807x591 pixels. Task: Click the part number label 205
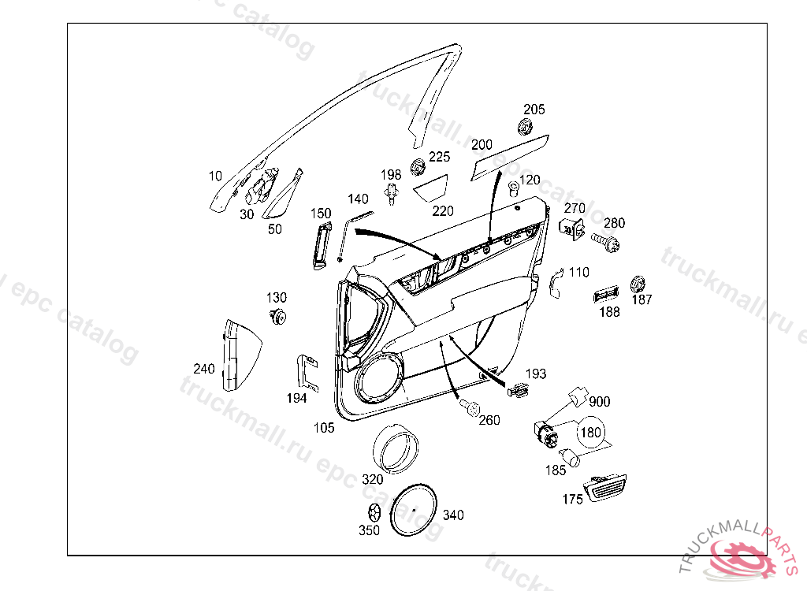(x=534, y=110)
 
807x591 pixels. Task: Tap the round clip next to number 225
(x=418, y=167)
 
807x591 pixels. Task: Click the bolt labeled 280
(x=607, y=240)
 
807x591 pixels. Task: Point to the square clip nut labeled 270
(x=571, y=229)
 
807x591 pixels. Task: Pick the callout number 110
(x=578, y=273)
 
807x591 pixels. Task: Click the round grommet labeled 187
(x=638, y=284)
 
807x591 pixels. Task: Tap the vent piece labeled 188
(x=606, y=295)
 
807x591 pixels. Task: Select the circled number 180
(x=590, y=433)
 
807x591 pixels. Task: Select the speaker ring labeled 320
(x=395, y=448)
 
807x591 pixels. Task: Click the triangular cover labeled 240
(x=237, y=355)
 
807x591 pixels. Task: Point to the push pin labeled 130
(x=277, y=317)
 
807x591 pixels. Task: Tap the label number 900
(x=600, y=402)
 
